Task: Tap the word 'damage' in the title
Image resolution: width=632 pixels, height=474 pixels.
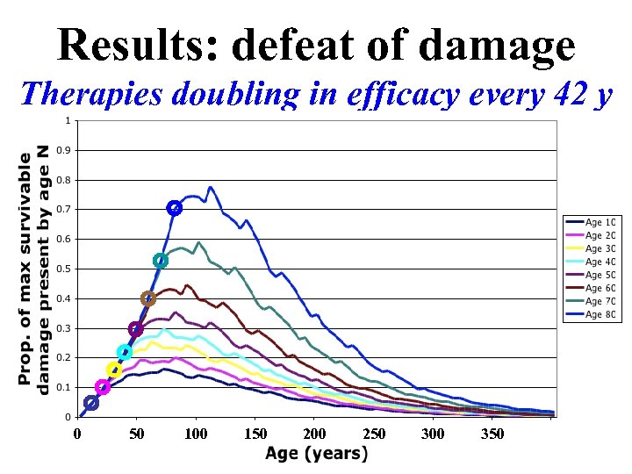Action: [x=497, y=46]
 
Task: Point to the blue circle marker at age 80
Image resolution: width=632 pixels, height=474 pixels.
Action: [x=174, y=208]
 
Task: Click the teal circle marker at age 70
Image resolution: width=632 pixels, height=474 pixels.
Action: [x=161, y=261]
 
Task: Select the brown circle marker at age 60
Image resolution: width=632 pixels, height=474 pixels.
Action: [x=147, y=298]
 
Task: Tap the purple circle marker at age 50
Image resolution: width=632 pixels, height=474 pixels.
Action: [x=135, y=329]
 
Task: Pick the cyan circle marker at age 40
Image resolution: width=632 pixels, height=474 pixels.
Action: [x=124, y=352]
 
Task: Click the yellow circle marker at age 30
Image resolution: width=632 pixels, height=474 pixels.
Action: [x=113, y=370]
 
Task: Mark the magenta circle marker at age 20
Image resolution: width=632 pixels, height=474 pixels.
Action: [x=103, y=387]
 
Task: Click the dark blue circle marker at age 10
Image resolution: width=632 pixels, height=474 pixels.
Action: [x=90, y=403]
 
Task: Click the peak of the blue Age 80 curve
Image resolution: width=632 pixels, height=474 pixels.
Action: [x=210, y=187]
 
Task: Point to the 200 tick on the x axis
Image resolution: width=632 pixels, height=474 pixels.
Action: [x=314, y=434]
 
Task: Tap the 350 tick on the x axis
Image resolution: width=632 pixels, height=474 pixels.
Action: [x=492, y=434]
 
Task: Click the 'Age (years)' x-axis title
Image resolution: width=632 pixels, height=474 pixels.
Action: [x=316, y=454]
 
